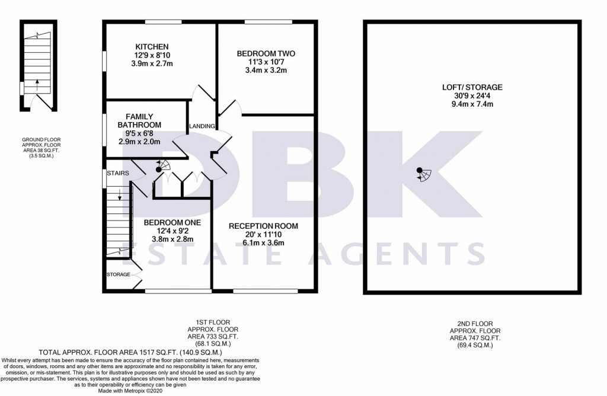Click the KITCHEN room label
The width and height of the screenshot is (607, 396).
(152, 47)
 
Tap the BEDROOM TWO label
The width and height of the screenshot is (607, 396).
(266, 54)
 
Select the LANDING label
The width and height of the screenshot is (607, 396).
(202, 126)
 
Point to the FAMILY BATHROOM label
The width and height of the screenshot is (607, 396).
(139, 121)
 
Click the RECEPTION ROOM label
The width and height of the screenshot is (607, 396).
(263, 226)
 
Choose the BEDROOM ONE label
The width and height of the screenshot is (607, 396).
(172, 222)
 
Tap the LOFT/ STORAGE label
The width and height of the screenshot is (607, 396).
(472, 88)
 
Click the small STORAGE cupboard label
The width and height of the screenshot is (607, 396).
(119, 274)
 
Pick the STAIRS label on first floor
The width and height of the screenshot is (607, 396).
(118, 173)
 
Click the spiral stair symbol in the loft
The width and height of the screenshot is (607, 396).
(424, 174)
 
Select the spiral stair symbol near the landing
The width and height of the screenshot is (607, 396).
(162, 166)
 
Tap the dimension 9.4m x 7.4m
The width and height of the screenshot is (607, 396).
(472, 104)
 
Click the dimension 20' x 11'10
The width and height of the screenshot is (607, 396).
(263, 235)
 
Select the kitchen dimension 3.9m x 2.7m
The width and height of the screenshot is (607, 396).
(152, 63)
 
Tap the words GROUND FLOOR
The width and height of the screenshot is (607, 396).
(41, 140)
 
